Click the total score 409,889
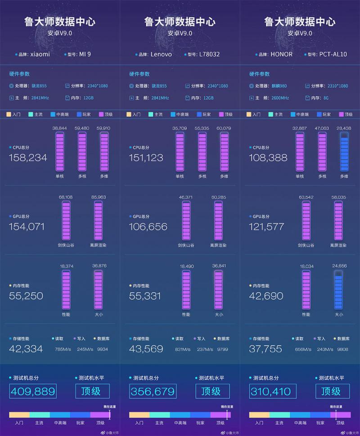point(32,392)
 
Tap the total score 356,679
point(153,392)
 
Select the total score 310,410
point(272,392)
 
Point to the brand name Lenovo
point(161,54)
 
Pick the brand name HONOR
point(282,54)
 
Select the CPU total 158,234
point(28,158)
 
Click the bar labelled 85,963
point(99,221)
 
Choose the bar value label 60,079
point(224,128)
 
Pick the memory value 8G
point(326,98)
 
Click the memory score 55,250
point(26,296)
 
